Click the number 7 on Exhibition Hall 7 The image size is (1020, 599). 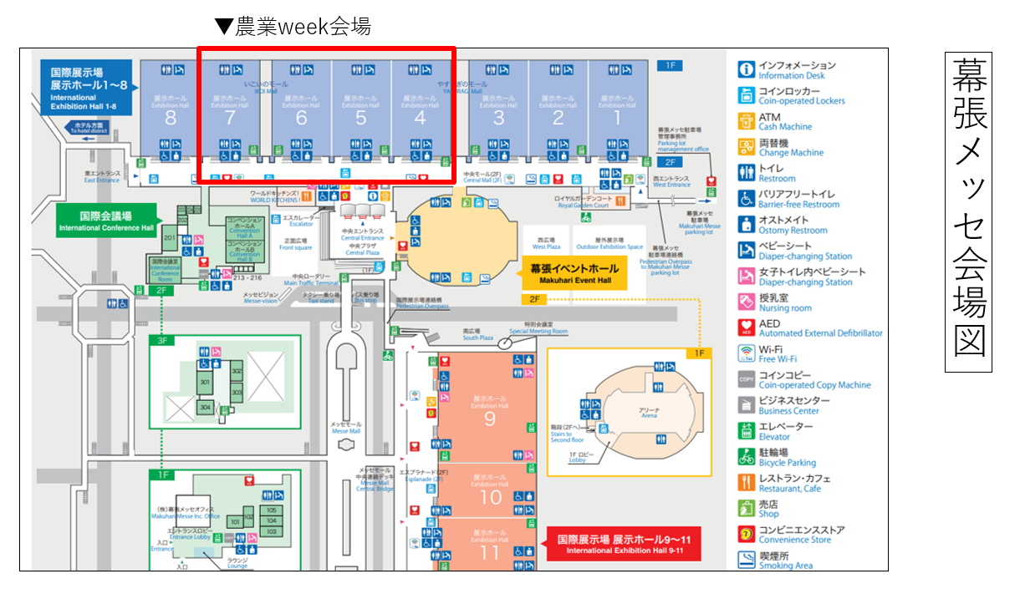click(x=230, y=119)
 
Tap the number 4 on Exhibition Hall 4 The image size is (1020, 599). click(x=421, y=119)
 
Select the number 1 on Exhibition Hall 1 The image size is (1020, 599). click(x=618, y=119)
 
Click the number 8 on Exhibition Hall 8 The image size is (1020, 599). click(x=171, y=119)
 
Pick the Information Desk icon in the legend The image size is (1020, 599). click(x=747, y=70)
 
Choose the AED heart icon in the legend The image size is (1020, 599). click(x=747, y=328)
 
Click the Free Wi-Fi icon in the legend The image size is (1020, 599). click(x=747, y=354)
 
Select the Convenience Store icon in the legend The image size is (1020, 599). click(x=747, y=535)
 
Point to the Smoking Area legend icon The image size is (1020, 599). click(x=747, y=560)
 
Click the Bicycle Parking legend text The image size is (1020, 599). click(x=787, y=462)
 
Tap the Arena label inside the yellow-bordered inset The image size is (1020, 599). click(x=649, y=412)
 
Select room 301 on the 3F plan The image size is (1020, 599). click(x=204, y=383)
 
